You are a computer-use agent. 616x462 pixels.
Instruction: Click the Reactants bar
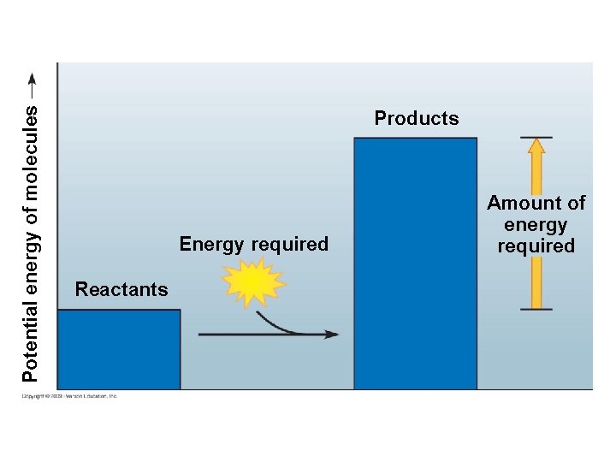[x=119, y=349]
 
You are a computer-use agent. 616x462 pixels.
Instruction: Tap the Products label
[x=417, y=118]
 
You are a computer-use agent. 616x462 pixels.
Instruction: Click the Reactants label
[x=121, y=289]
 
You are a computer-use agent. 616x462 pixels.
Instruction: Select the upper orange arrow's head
[x=536, y=147]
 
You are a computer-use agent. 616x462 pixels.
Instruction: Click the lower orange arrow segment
[x=536, y=282]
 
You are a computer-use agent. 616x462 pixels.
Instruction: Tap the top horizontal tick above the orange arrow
[x=536, y=137]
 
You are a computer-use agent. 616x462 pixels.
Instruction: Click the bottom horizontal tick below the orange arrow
[x=536, y=310]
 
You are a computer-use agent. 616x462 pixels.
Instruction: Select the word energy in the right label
[x=536, y=225]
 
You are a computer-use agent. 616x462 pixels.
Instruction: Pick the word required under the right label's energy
[x=536, y=246]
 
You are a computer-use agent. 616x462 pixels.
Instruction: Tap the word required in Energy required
[x=293, y=245]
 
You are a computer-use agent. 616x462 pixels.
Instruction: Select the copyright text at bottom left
[x=69, y=396]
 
